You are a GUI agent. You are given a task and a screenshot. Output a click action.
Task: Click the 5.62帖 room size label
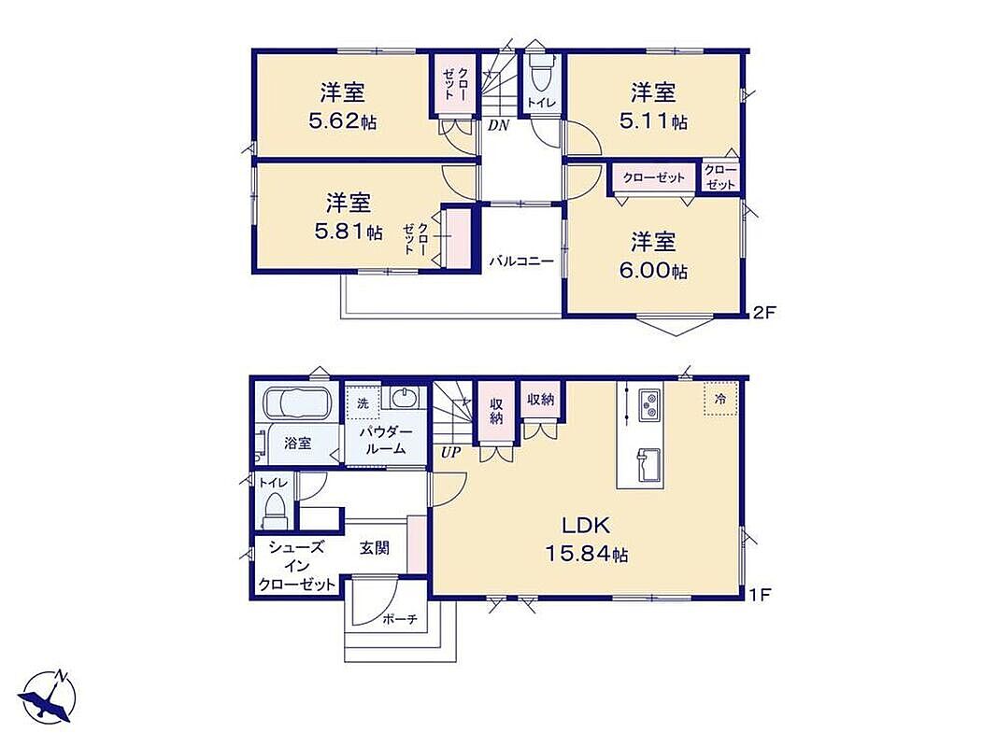point(342,121)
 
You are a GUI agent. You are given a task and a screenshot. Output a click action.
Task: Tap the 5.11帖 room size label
point(653,121)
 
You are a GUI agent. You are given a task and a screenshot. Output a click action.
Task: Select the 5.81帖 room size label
point(349,232)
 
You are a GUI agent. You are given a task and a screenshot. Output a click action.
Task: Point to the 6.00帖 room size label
point(653,271)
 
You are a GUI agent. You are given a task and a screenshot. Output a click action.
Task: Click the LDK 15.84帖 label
point(586,540)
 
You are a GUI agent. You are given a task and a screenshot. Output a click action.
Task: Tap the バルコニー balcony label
point(521,261)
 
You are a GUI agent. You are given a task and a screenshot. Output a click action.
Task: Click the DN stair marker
point(499,126)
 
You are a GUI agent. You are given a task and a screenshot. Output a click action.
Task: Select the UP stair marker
point(450,453)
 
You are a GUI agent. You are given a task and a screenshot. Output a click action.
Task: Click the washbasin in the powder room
point(404,399)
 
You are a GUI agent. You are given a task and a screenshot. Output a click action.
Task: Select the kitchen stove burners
point(649,405)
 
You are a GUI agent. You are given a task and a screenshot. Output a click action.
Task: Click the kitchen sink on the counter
point(648,466)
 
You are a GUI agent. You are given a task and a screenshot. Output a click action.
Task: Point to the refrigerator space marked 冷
point(720,399)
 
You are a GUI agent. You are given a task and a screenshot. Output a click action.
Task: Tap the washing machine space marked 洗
point(363,403)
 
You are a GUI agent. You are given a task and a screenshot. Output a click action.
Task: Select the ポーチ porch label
point(400,619)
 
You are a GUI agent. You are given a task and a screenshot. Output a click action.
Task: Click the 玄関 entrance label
point(375,547)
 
